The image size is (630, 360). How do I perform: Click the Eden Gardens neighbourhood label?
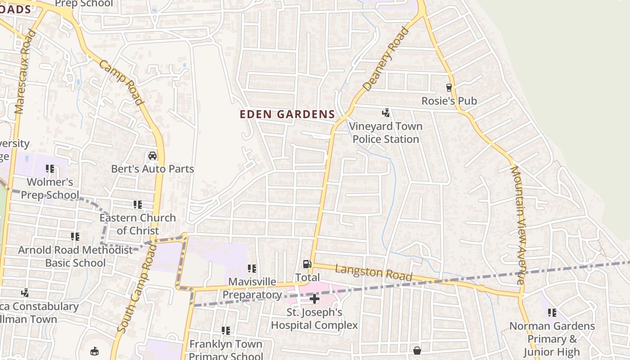coord(287,114)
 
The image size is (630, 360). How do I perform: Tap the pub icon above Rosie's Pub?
coord(449,87)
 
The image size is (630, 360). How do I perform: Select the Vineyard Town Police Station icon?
coord(386,113)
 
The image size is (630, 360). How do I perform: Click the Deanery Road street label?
coord(386,59)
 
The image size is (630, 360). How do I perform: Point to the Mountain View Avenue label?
coord(517,225)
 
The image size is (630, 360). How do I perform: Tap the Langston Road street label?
coord(373,272)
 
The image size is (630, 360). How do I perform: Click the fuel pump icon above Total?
coord(307,265)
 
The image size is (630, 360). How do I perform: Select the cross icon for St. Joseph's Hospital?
coord(315,298)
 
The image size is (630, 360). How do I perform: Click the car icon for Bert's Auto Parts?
coord(153,156)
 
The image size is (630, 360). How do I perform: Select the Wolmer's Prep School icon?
coord(50,169)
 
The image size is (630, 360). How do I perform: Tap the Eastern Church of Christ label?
coord(138,224)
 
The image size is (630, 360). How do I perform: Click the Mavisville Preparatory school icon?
coord(252,269)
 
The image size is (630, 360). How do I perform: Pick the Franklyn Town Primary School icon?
coord(226,331)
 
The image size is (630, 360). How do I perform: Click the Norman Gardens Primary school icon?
coord(552,312)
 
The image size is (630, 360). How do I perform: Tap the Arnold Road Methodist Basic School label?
coord(75,256)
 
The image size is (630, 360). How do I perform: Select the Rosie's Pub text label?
coord(449,101)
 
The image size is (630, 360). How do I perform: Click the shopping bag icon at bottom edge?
coord(417,350)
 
